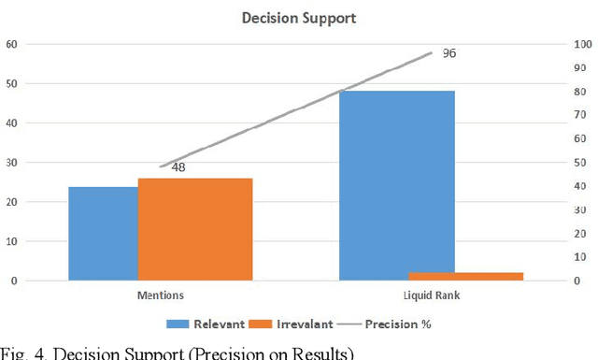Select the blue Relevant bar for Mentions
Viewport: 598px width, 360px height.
(x=103, y=233)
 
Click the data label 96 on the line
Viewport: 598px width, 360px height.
(x=448, y=53)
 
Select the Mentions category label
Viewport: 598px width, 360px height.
(x=160, y=295)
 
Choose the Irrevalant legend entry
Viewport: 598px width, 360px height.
(x=299, y=324)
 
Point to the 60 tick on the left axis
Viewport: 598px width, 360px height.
(x=11, y=44)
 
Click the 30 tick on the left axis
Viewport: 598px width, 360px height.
(x=11, y=163)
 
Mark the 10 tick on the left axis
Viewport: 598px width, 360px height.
(x=11, y=241)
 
